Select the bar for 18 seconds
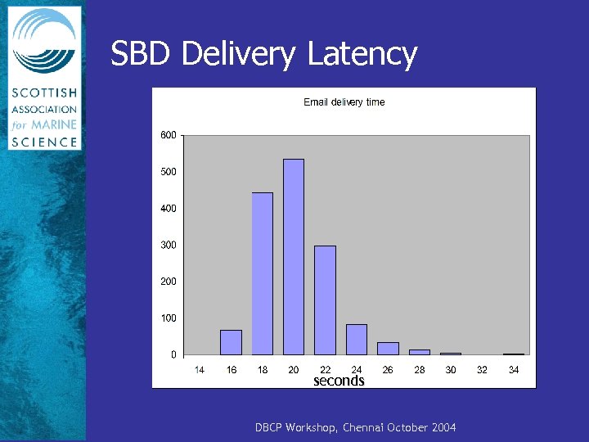(x=262, y=273)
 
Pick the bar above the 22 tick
(x=325, y=300)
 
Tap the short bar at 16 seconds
(x=231, y=342)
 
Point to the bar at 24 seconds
(x=356, y=340)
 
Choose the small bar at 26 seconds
(x=388, y=349)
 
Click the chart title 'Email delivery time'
(x=344, y=102)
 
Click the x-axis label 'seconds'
(x=339, y=381)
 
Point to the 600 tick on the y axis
(x=168, y=135)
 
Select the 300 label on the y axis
(x=168, y=245)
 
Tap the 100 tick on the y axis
(x=168, y=318)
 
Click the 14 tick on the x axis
(x=199, y=370)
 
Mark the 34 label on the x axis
(x=514, y=370)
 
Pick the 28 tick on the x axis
(x=420, y=370)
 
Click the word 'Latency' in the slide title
(x=362, y=55)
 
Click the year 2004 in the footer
(x=443, y=428)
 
